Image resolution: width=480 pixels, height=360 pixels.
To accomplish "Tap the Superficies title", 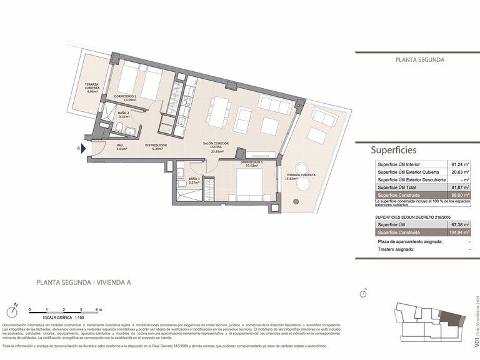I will (x=394, y=150).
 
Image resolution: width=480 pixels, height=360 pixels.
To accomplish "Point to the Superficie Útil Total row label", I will (x=403, y=187).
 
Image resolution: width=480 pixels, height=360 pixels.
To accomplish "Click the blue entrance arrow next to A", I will (x=84, y=149).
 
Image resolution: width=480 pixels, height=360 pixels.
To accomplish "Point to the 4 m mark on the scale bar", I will (x=98, y=309).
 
